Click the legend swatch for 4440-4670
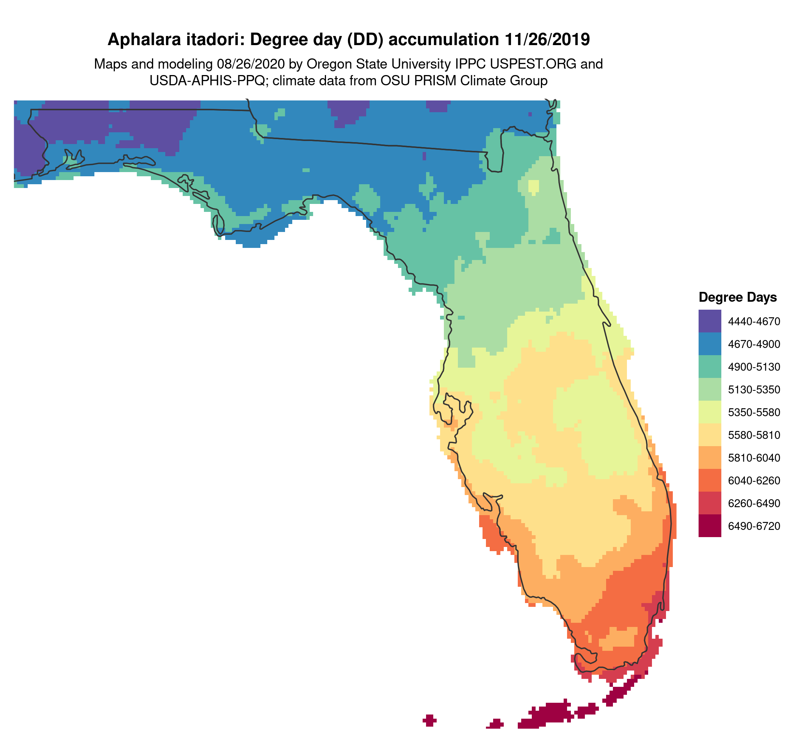pos(710,321)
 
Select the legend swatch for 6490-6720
pos(710,525)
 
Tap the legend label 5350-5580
pos(754,412)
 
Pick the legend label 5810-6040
pos(754,458)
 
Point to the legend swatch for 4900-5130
pos(710,366)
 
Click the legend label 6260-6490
pos(754,503)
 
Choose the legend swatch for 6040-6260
pos(710,480)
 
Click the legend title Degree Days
pos(738,298)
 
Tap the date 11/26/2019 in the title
pos(547,40)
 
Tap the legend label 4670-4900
pos(754,344)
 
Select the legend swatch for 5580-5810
pos(710,434)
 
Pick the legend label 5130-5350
pos(754,390)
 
